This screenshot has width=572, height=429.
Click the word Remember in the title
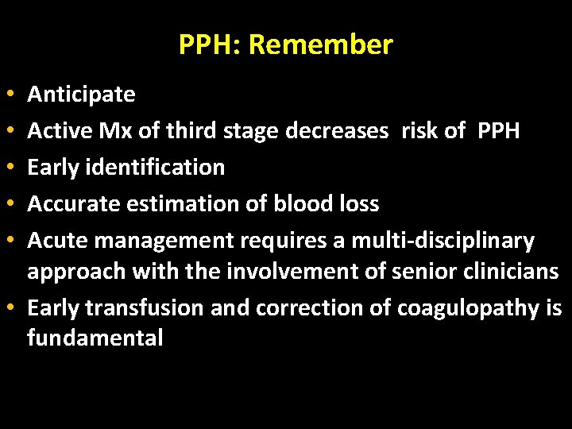[320, 44]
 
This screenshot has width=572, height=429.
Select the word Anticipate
[81, 95]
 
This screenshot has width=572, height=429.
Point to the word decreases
[338, 131]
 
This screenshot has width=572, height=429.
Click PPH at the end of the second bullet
[499, 131]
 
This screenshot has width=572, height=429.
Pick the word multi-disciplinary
[443, 241]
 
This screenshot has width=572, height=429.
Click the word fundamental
[95, 339]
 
